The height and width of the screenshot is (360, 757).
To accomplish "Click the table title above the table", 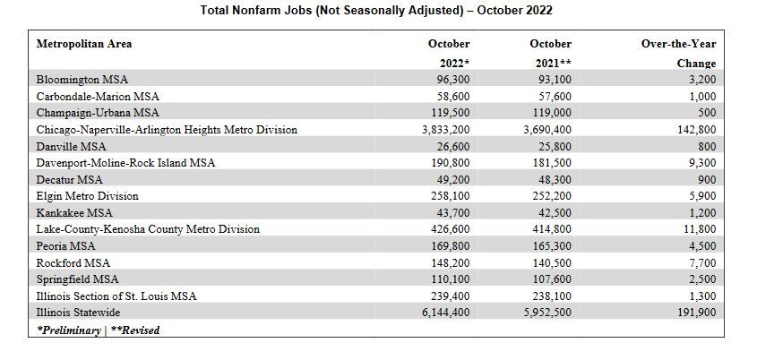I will (378, 11).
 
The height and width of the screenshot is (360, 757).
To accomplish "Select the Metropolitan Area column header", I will (84, 43).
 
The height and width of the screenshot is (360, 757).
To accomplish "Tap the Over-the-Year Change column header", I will (678, 53).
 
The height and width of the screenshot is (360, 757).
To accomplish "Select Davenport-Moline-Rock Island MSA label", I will (126, 163).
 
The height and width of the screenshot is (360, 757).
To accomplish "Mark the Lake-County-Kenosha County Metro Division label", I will (148, 229).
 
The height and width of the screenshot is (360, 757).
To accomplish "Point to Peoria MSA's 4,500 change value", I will (701, 246).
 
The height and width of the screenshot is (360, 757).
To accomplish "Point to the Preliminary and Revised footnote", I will (98, 330).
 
